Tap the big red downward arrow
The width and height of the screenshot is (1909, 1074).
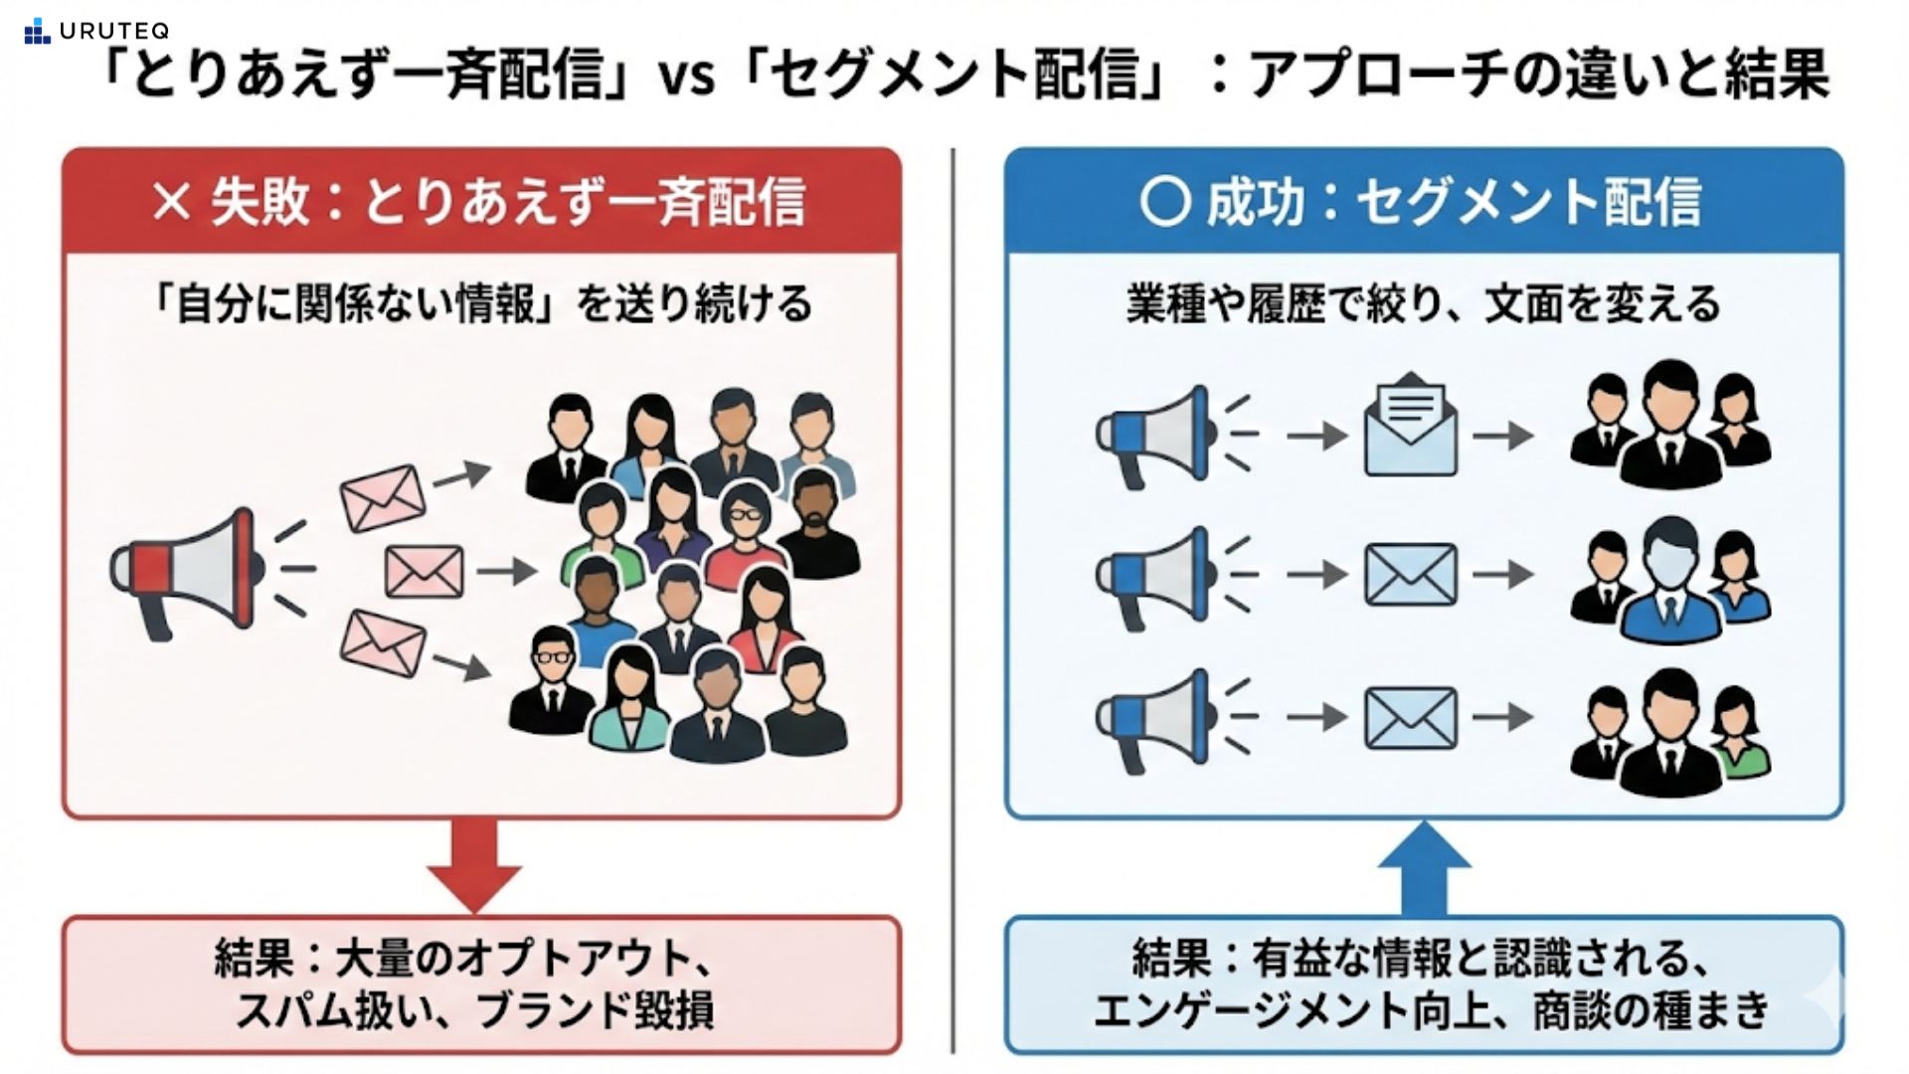[x=474, y=863]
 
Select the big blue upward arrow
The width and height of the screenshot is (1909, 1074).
[x=1424, y=867]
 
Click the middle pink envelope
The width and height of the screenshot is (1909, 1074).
[x=424, y=572]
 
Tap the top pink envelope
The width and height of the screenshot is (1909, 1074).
[x=383, y=497]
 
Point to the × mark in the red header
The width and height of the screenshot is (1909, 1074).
[x=171, y=202]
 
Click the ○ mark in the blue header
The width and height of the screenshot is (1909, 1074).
[x=1164, y=202]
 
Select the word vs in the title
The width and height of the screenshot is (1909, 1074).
[x=685, y=77]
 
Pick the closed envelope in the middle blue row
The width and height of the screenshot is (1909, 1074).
[x=1410, y=575]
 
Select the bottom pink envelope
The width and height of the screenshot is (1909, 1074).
[x=383, y=643]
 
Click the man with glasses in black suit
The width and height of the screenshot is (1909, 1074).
[x=551, y=681]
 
